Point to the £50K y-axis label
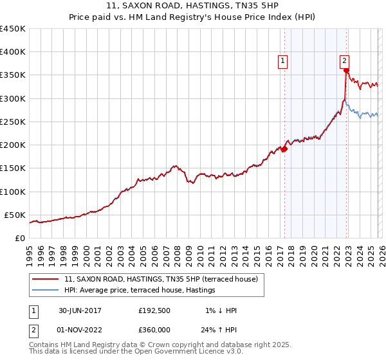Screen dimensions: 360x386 pyautogui.click(x=15, y=215)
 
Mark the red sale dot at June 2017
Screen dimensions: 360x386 pyautogui.click(x=284, y=149)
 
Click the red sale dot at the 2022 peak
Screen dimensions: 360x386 pyautogui.click(x=346, y=71)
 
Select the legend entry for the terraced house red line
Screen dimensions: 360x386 pyautogui.click(x=161, y=279)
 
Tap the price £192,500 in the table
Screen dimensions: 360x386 pyautogui.click(x=154, y=310)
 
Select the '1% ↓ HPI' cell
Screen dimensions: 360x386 pyautogui.click(x=221, y=310)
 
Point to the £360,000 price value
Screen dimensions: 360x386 pyautogui.click(x=154, y=330)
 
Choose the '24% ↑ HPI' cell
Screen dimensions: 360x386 pyautogui.click(x=221, y=330)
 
